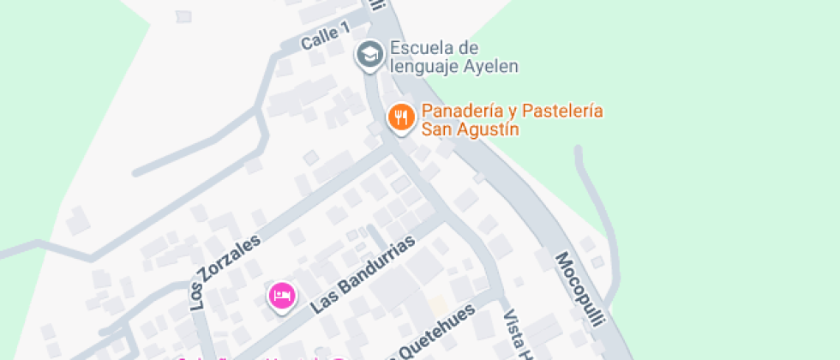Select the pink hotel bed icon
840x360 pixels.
(x=282, y=297)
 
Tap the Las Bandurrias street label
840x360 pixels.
(x=363, y=274)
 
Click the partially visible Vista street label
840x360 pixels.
(x=514, y=335)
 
